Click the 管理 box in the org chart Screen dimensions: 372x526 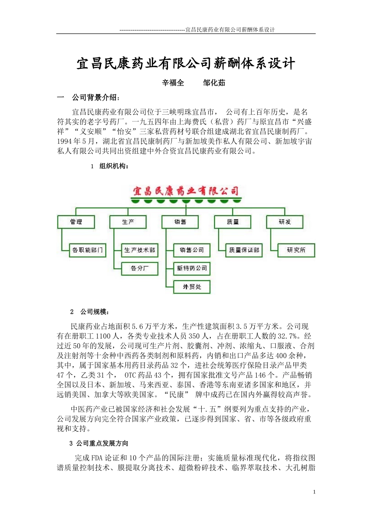tap(76, 222)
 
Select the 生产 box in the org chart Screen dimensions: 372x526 tap(128, 222)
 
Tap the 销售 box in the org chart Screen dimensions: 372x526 tap(180, 222)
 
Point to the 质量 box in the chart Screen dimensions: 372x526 tap(233, 222)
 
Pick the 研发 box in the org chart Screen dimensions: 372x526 tap(285, 222)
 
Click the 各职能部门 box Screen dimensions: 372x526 tap(88, 250)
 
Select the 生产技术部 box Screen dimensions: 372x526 tap(140, 250)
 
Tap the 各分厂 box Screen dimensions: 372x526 tap(140, 268)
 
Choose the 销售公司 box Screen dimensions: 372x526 tap(192, 250)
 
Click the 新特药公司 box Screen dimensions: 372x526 tap(192, 268)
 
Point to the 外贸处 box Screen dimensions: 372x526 tap(192, 287)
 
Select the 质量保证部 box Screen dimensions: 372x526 tap(244, 250)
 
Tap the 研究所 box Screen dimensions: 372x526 tap(296, 250)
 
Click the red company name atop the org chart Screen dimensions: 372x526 tap(186, 191)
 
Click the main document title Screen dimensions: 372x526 tap(186, 63)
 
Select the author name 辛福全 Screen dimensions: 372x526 tap(173, 83)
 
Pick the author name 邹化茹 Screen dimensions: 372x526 tap(214, 83)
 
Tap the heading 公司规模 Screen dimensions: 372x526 tap(95, 312)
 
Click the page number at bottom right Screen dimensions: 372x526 tap(314, 492)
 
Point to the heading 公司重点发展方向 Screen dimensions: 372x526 tap(102, 443)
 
